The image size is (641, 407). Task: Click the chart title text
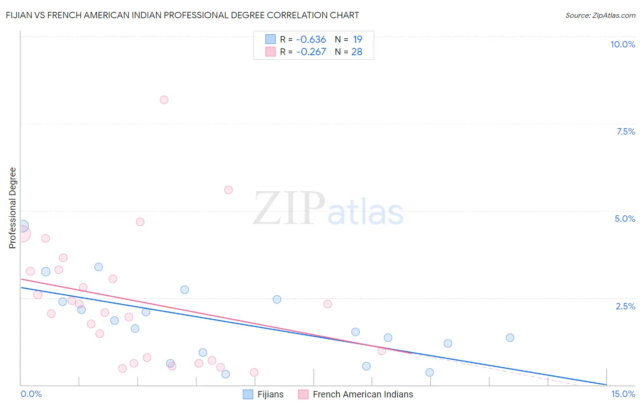tap(182, 15)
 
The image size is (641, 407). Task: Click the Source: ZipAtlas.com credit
tap(600, 15)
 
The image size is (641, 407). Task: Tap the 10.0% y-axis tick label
tap(622, 44)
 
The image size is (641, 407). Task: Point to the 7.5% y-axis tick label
tap(625, 131)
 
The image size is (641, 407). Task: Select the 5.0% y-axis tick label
tap(625, 219)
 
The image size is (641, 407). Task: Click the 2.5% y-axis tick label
tap(625, 306)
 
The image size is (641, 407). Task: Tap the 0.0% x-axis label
tap(31, 394)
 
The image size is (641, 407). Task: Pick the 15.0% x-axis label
tap(623, 394)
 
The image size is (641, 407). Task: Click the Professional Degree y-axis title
tap(12, 208)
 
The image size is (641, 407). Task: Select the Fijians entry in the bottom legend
tap(270, 394)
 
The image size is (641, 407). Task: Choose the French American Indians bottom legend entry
tap(362, 394)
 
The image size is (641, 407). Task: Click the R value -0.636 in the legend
tap(311, 40)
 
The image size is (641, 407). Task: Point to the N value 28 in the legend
tap(357, 52)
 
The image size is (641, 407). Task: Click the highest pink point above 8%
tap(164, 100)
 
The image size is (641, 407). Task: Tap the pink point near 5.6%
tap(228, 190)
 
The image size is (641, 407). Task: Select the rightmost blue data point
tap(510, 338)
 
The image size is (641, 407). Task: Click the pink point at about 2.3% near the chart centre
tap(327, 304)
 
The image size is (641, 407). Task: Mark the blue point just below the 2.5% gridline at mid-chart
tap(277, 299)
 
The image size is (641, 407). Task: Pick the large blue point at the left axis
tap(22, 226)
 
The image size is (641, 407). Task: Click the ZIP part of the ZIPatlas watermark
tap(289, 209)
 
